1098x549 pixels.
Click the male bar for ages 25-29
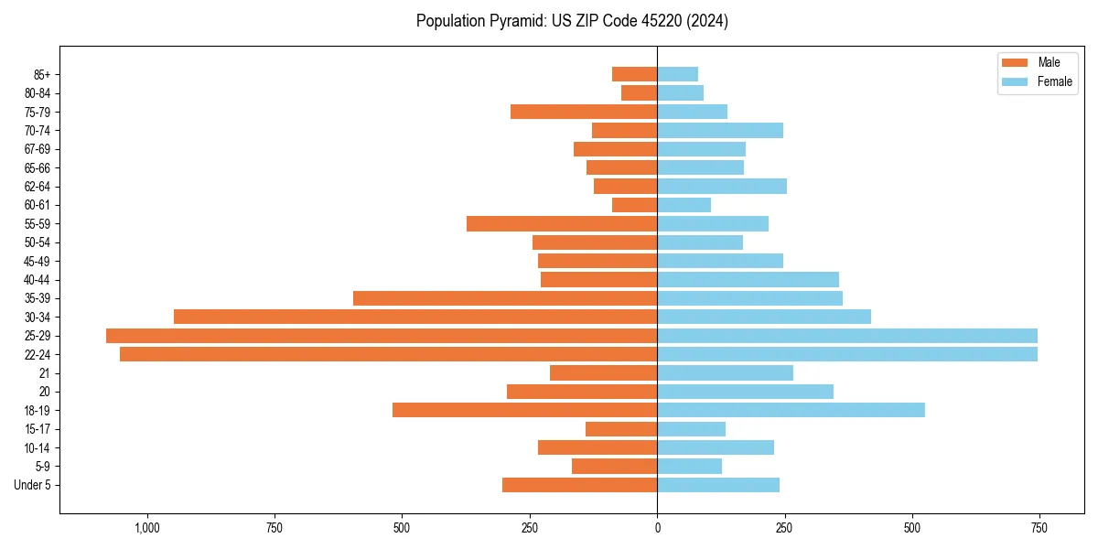(x=382, y=336)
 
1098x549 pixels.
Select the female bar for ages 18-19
(x=791, y=410)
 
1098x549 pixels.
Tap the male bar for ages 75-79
(x=584, y=112)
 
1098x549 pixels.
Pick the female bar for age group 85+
(x=677, y=74)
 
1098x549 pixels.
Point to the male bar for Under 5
(x=579, y=485)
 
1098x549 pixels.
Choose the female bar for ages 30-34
(x=764, y=317)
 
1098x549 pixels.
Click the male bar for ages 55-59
(x=562, y=223)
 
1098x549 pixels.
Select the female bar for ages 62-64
(x=722, y=186)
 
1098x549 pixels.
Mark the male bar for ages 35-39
(x=505, y=298)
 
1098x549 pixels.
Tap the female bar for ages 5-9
(x=689, y=466)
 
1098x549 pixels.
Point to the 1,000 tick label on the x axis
(x=147, y=528)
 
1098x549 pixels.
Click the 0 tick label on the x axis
(x=657, y=528)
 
